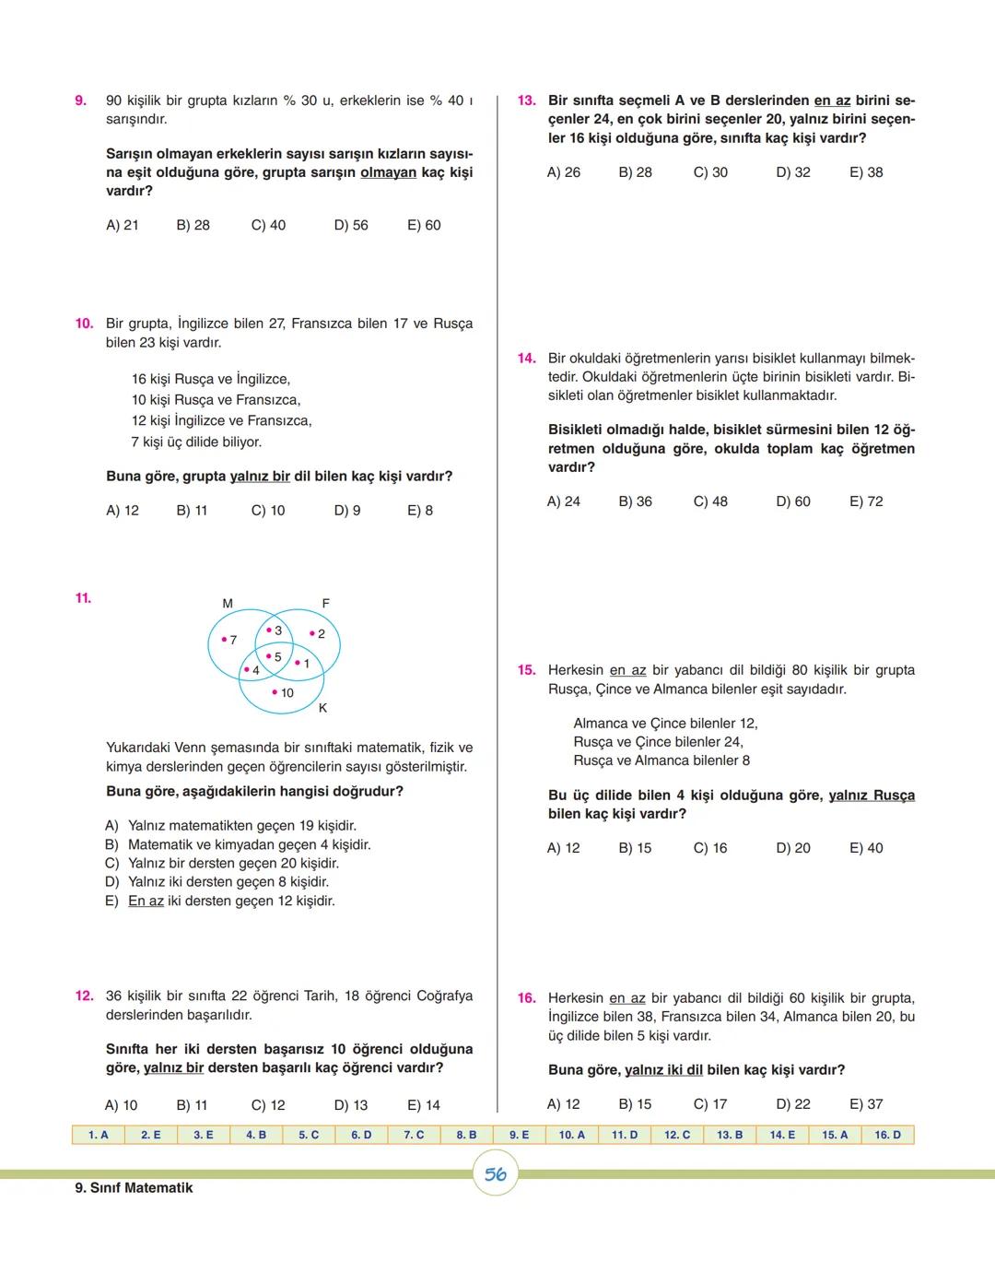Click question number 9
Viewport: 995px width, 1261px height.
[80, 100]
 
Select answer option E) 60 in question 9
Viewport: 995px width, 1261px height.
[424, 225]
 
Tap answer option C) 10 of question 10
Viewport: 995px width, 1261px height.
[268, 511]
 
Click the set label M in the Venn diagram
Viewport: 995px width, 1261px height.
[228, 604]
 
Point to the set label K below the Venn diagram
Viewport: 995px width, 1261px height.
[322, 708]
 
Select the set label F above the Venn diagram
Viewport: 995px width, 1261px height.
[325, 604]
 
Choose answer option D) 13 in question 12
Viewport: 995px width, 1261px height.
[350, 1105]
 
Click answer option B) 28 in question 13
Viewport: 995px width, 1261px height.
[635, 172]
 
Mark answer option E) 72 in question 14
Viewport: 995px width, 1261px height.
[866, 501]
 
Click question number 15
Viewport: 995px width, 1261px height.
[526, 670]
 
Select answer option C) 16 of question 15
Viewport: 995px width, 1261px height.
[709, 848]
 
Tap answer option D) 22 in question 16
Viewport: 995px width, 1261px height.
[792, 1104]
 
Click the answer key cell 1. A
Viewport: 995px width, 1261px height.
[99, 1135]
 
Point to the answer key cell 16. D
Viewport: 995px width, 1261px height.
[887, 1135]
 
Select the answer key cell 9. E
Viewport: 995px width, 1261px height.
[519, 1135]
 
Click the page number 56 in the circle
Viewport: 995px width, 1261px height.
[496, 1174]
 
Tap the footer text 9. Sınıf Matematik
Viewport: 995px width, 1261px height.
[134, 1188]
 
